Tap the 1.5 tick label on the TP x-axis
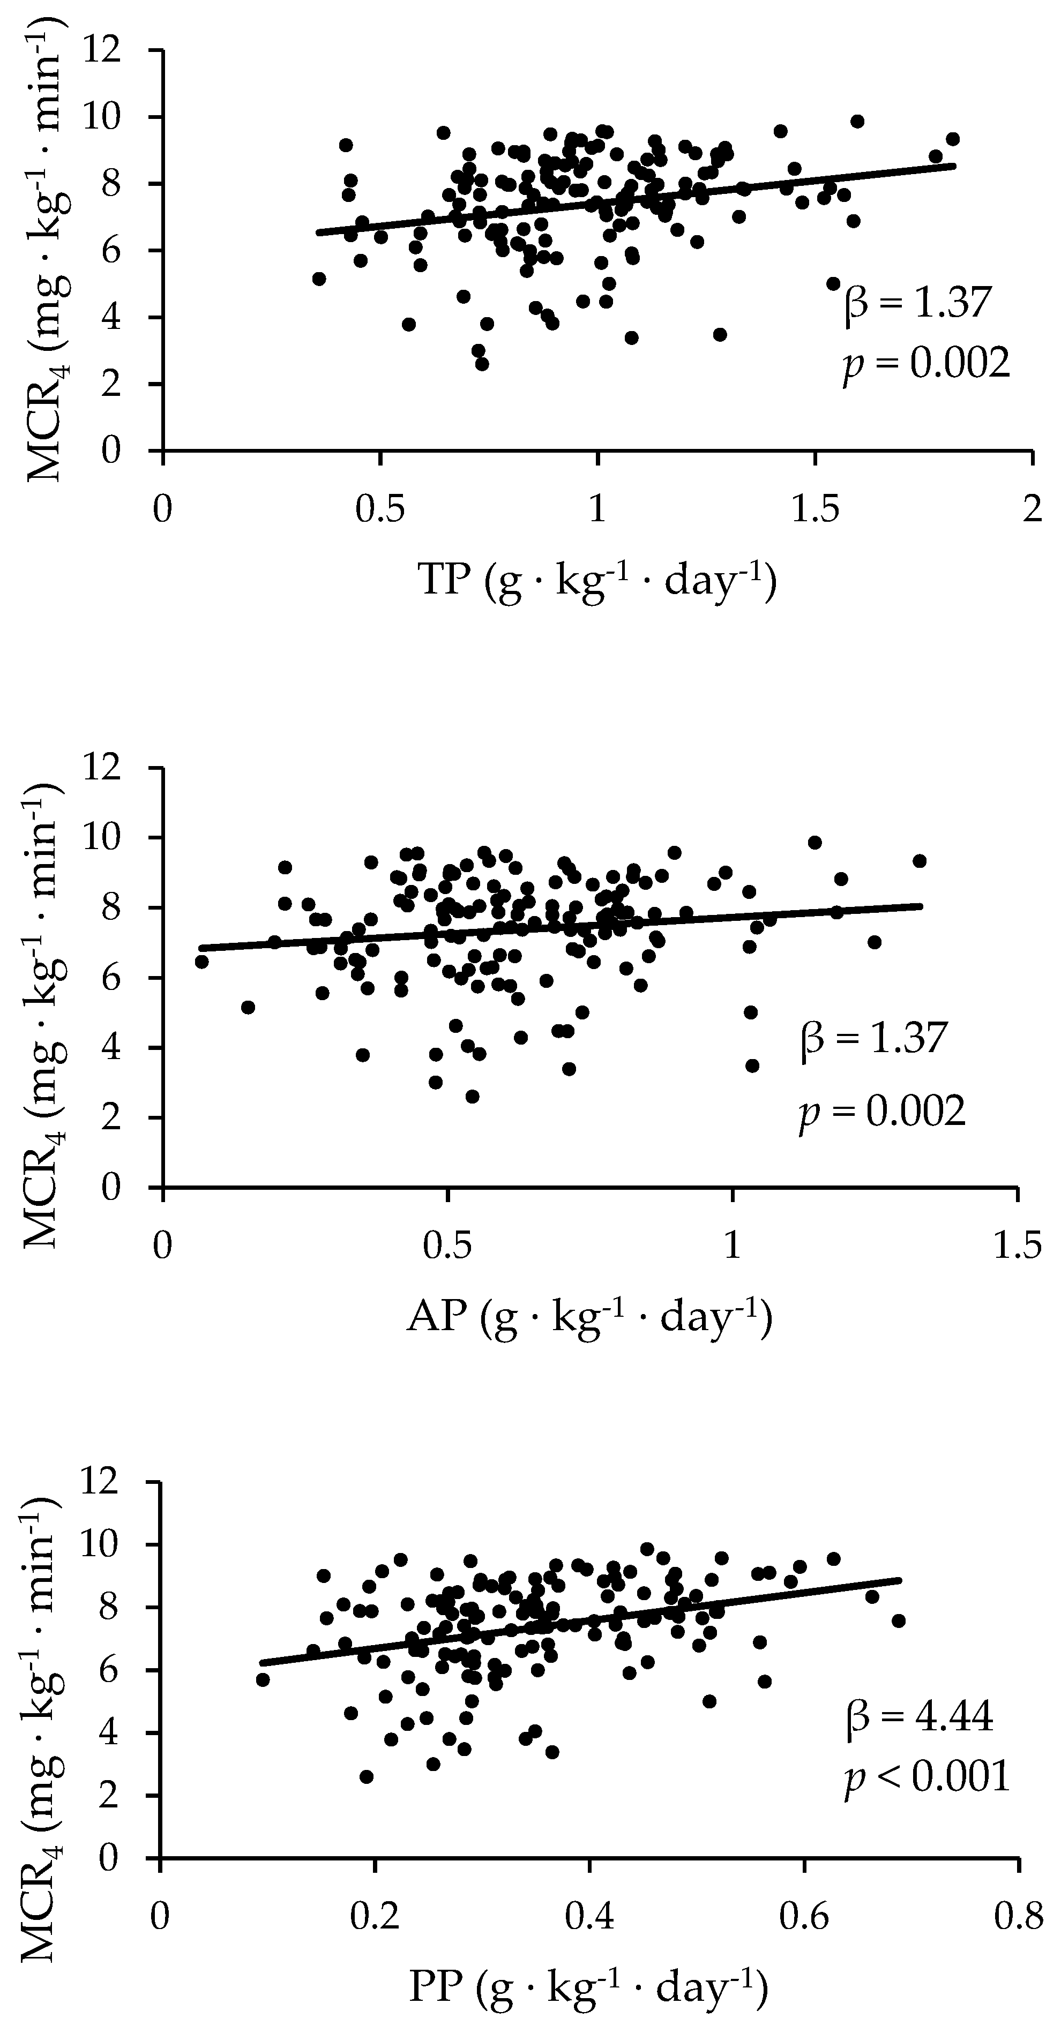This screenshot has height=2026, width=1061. pyautogui.click(x=815, y=511)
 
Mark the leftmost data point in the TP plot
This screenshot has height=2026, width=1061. pyautogui.click(x=318, y=279)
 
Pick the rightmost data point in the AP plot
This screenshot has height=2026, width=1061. pyautogui.click(x=918, y=860)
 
